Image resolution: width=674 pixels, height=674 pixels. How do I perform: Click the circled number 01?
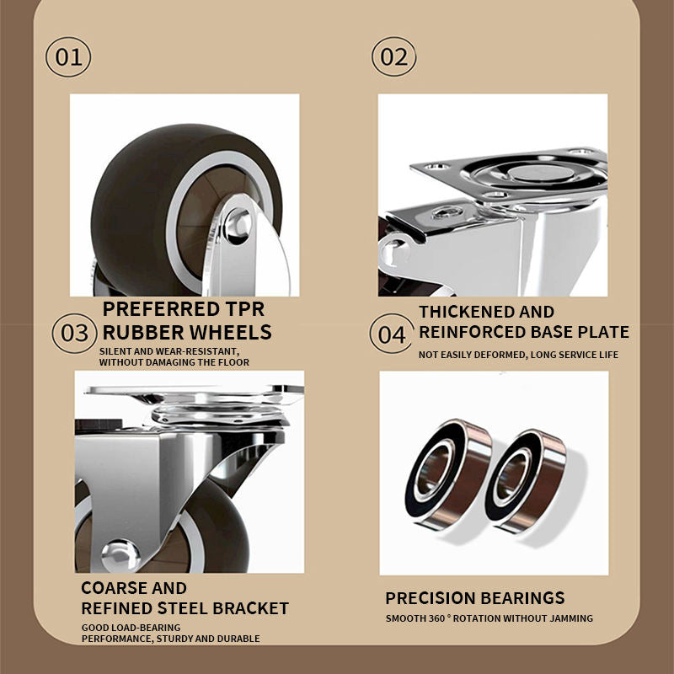click(68, 57)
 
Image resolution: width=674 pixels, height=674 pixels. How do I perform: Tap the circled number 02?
click(393, 56)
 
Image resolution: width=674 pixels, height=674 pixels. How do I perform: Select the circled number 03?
click(74, 334)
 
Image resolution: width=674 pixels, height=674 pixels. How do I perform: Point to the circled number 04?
click(392, 334)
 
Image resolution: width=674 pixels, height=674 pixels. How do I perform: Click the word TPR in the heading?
click(244, 309)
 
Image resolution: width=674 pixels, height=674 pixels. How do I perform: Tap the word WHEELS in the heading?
click(230, 332)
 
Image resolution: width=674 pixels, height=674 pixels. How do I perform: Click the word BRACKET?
click(250, 608)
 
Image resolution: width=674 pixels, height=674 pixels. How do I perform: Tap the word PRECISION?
click(431, 598)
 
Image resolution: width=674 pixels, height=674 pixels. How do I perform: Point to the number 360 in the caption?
click(436, 618)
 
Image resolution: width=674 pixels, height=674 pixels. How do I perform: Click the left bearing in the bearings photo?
click(448, 474)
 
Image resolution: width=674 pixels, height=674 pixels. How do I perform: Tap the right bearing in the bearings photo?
click(526, 481)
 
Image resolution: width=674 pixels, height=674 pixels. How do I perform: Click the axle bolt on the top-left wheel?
click(238, 226)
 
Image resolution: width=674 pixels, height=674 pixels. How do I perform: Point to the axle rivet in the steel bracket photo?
click(120, 556)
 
